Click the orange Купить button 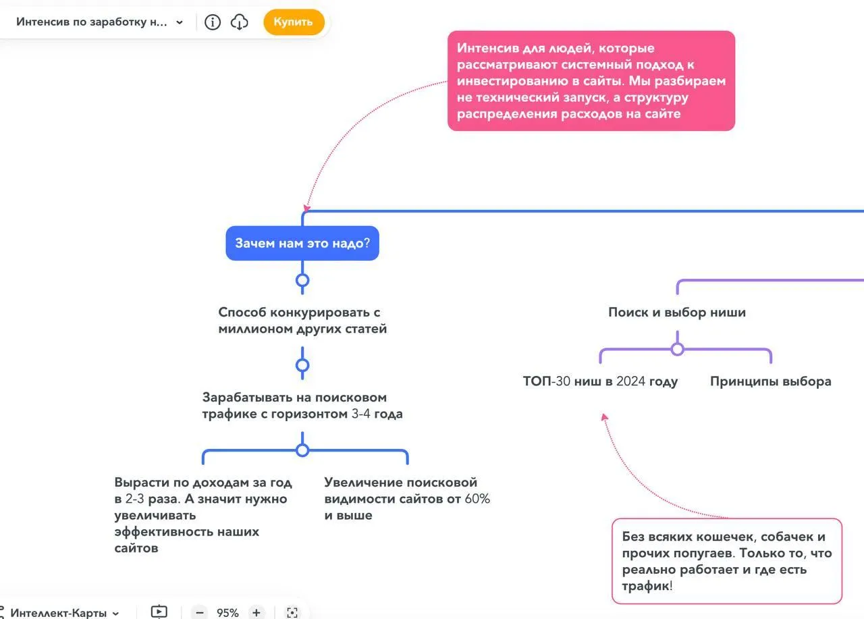coord(294,22)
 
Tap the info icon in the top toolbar coord(213,22)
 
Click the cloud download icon coord(240,22)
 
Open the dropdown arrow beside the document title coord(180,22)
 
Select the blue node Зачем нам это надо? coord(302,243)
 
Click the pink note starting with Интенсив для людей coord(591,81)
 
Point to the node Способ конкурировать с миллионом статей coord(302,321)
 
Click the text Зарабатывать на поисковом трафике coord(302,405)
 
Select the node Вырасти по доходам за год coord(202,515)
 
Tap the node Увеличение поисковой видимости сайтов coord(407,499)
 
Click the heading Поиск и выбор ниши coord(677,313)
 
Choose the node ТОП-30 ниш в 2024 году coord(600,381)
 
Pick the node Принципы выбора coord(770,381)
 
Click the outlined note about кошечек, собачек coord(727,561)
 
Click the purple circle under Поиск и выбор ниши coord(678,349)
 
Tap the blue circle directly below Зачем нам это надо coord(302,280)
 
